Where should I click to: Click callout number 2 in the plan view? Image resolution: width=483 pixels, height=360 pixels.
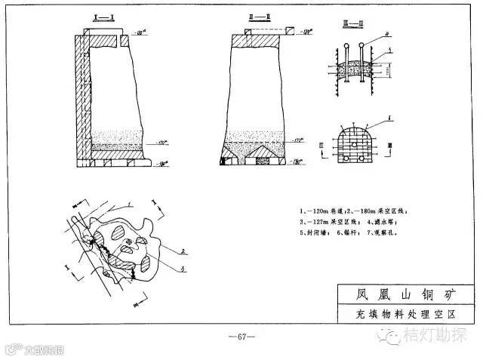click(183, 247)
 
